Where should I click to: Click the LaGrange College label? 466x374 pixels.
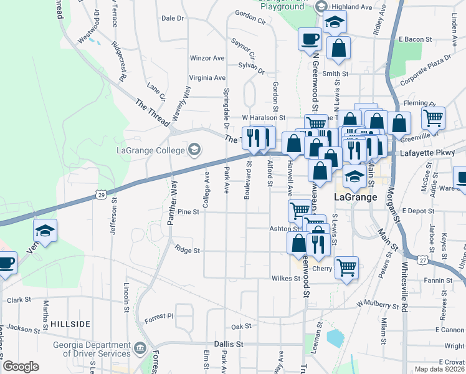click(x=150, y=150)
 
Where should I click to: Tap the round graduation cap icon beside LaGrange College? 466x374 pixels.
click(x=194, y=150)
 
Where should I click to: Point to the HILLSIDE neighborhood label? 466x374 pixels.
click(x=70, y=324)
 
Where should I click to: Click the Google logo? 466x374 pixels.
click(x=21, y=367)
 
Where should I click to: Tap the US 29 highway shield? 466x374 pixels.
click(x=101, y=195)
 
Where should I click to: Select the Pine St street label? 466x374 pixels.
click(x=188, y=212)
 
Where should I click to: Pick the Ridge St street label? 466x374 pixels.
click(x=187, y=251)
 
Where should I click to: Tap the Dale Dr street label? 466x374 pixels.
click(x=173, y=19)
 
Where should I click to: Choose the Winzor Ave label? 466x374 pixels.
click(x=207, y=58)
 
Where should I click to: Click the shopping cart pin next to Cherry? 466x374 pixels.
click(x=346, y=268)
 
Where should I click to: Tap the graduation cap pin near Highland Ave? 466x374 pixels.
click(x=334, y=24)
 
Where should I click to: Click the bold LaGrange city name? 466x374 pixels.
click(x=356, y=197)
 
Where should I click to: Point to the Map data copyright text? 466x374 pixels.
click(x=436, y=368)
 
